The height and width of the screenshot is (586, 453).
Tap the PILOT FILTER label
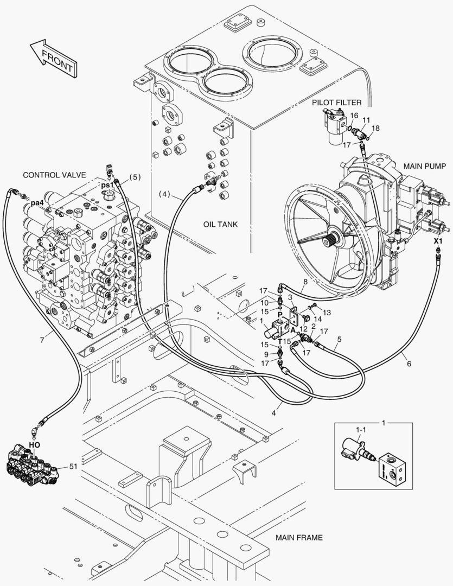pos(336,102)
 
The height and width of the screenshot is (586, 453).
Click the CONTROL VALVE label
pos(54,175)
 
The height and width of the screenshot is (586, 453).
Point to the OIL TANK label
pos(221,224)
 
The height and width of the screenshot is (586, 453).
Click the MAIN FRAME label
pos(298,538)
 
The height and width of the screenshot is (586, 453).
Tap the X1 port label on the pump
pos(438,240)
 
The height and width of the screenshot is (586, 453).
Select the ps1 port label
pos(108,185)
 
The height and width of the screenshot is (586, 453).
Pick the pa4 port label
pos(37,203)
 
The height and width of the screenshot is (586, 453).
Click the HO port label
pos(34,444)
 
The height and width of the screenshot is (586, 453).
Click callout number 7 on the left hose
pos(42,340)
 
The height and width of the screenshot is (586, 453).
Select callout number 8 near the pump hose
pos(305,282)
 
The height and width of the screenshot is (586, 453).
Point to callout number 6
pos(409,364)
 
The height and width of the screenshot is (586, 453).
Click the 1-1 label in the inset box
pos(360,429)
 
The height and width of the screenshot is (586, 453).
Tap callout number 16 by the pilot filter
pos(354,116)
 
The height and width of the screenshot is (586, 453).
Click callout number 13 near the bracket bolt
pos(327,313)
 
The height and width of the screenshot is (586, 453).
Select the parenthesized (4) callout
pos(165,193)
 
